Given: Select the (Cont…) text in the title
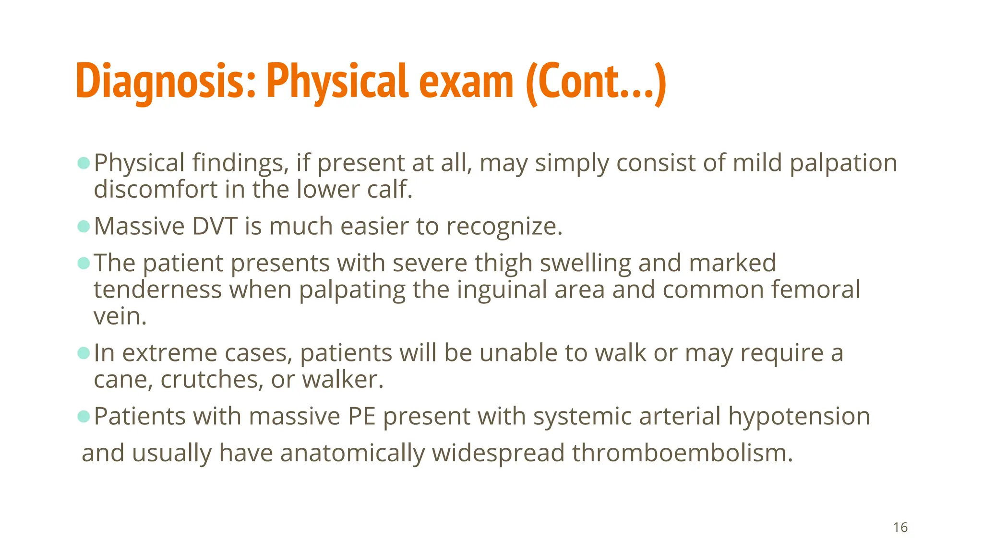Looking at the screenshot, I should (596, 82).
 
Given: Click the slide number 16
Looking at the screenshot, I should (900, 528).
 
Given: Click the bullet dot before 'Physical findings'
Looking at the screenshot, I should (84, 163).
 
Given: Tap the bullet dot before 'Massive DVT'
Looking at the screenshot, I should (84, 226).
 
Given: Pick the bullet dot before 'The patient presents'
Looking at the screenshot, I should (84, 263).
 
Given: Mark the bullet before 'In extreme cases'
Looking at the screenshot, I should (84, 353).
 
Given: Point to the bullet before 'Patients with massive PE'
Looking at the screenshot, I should (84, 416).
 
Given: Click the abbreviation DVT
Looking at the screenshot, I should (215, 226).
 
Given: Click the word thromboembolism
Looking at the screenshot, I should (682, 453).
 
